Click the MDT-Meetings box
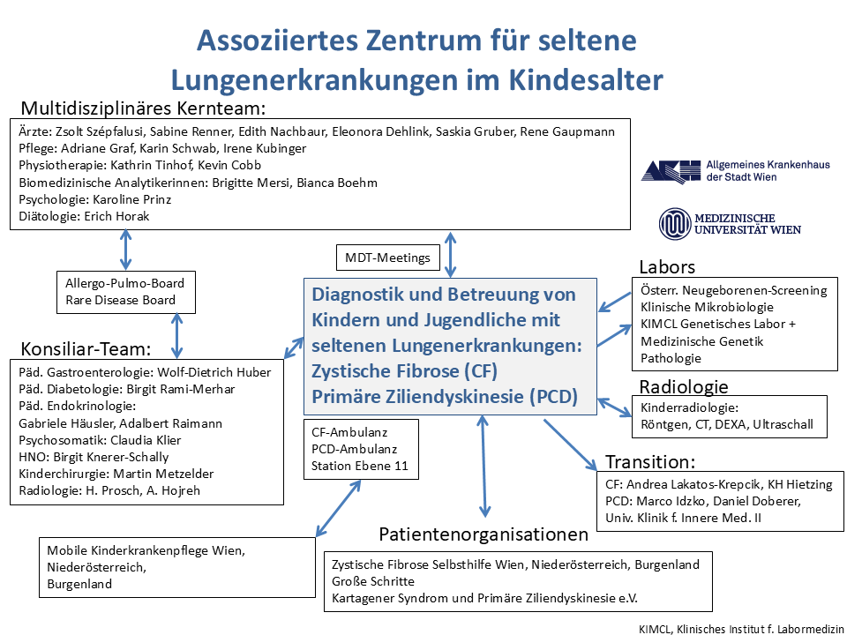click(x=388, y=258)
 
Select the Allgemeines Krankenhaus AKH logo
click(x=671, y=171)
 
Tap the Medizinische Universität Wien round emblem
click(x=675, y=222)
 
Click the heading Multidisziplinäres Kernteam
click(x=143, y=108)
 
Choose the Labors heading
click(x=667, y=267)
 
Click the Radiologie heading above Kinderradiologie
click(x=684, y=386)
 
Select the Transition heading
click(x=651, y=461)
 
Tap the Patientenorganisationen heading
click(x=483, y=534)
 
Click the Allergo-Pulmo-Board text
click(x=124, y=283)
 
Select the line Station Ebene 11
click(x=360, y=467)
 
